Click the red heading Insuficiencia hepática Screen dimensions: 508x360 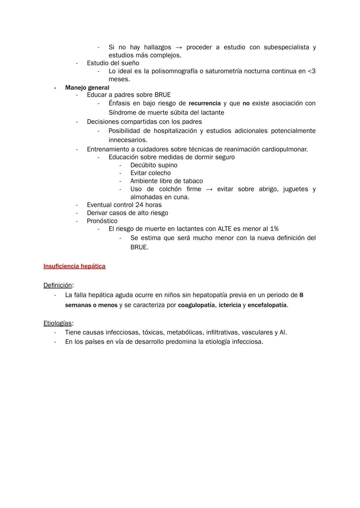(74, 266)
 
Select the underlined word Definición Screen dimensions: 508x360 (58, 285)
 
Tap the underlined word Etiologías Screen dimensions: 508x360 (57, 323)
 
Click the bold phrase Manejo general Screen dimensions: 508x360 (87, 88)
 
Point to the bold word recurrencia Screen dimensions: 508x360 (205, 103)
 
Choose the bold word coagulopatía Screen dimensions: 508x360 (196, 305)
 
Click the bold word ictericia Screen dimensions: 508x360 (230, 305)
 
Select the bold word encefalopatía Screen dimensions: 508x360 (267, 305)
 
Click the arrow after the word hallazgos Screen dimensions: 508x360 (179, 47)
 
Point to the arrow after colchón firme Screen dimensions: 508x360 (209, 189)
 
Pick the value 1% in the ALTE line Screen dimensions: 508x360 (274, 229)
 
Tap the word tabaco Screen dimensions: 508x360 (193, 181)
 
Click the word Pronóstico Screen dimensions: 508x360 (102, 221)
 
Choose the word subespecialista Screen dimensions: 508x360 (286, 47)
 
